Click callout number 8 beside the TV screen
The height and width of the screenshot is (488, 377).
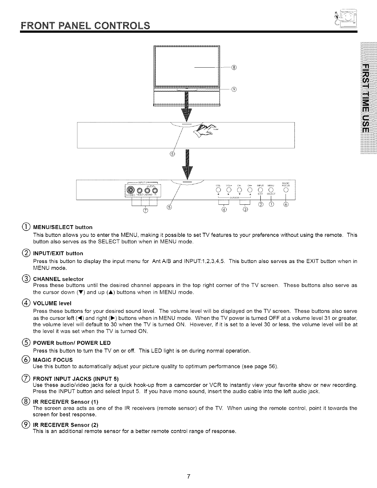click(x=234, y=67)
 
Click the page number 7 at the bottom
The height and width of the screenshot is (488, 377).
click(x=188, y=476)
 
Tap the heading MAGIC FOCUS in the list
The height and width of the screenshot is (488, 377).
click(x=53, y=360)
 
